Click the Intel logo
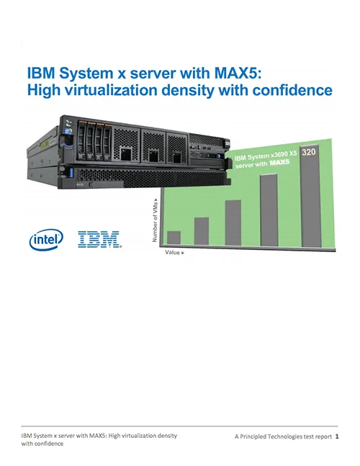pyautogui.click(x=46, y=239)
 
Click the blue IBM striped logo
pyautogui.click(x=99, y=239)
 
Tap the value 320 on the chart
pyautogui.click(x=309, y=152)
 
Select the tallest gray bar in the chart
pyautogui.click(x=311, y=196)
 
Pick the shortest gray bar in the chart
pyautogui.click(x=174, y=238)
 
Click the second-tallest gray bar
pyautogui.click(x=269, y=210)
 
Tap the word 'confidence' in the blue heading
pyautogui.click(x=292, y=90)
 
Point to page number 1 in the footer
pyautogui.click(x=337, y=436)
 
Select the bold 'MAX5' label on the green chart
pyautogui.click(x=279, y=163)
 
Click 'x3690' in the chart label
pyautogui.click(x=278, y=155)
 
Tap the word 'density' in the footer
pyautogui.click(x=166, y=436)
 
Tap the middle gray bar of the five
pyautogui.click(x=233, y=223)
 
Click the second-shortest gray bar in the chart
pyautogui.click(x=202, y=231)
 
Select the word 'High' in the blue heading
pyautogui.click(x=43, y=90)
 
